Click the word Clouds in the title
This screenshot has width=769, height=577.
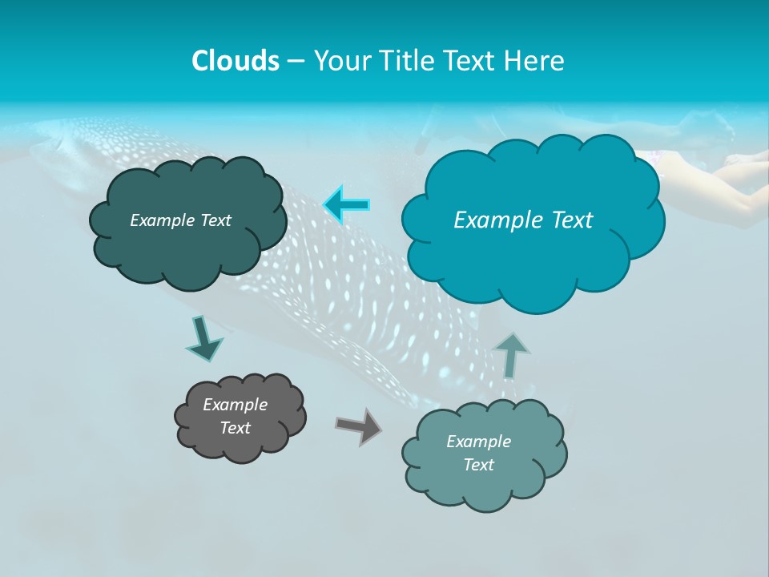click(x=236, y=61)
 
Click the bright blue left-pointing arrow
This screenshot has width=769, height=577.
click(x=347, y=205)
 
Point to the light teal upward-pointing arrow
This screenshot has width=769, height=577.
click(x=511, y=355)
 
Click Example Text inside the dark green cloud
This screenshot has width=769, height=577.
click(x=180, y=220)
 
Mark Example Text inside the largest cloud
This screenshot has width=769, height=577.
click(x=523, y=220)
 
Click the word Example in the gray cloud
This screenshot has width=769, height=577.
click(x=236, y=405)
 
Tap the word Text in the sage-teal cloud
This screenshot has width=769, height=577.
click(x=479, y=465)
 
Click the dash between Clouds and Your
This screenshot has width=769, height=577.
click(x=296, y=61)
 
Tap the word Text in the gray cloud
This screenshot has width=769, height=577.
click(x=236, y=428)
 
